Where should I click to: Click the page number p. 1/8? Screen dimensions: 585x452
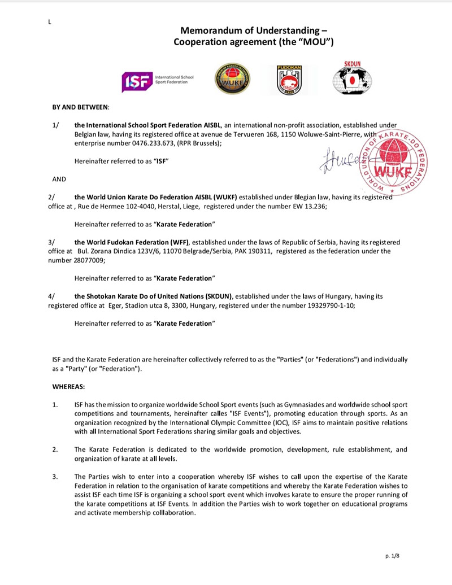point(392,556)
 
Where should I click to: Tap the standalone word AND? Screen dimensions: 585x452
point(59,179)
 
